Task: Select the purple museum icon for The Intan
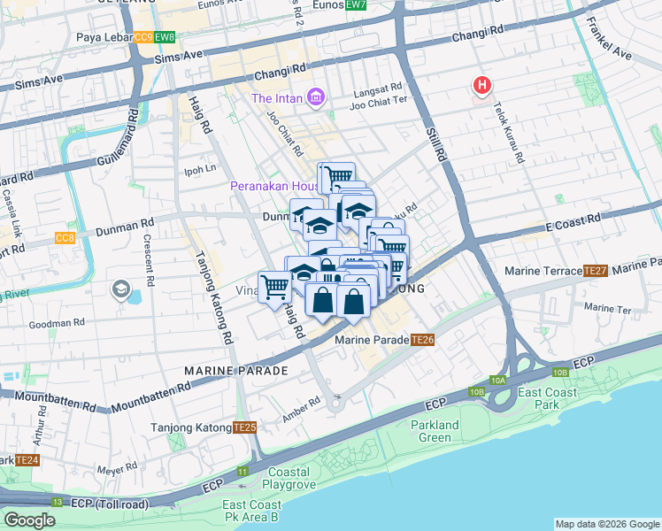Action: pyautogui.click(x=315, y=97)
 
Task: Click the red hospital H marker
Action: pyautogui.click(x=482, y=86)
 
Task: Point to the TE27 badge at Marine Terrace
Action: pyautogui.click(x=595, y=270)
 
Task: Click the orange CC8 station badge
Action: pyautogui.click(x=65, y=238)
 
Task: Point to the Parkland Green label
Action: pyautogui.click(x=435, y=431)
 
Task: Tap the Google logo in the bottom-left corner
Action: pyautogui.click(x=29, y=520)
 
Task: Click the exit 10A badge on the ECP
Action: pyautogui.click(x=497, y=380)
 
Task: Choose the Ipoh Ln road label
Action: pyautogui.click(x=199, y=169)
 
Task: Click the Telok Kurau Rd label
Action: pyautogui.click(x=514, y=130)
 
